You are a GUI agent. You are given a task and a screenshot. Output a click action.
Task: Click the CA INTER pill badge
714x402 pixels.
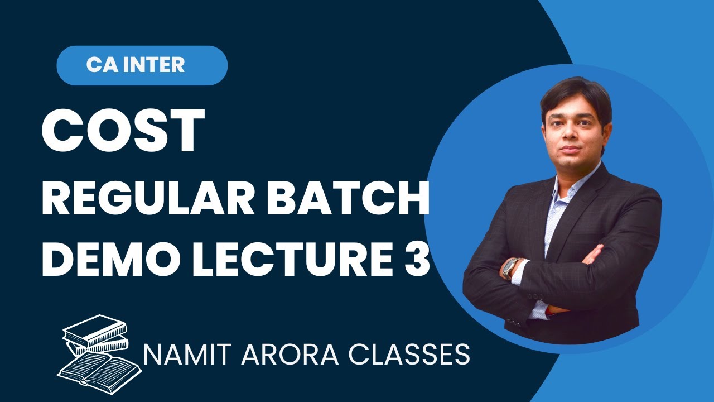coord(142,65)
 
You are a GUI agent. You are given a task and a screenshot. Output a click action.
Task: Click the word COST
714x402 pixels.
coord(123,132)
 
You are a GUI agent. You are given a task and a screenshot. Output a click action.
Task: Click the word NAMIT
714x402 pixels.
coord(184,355)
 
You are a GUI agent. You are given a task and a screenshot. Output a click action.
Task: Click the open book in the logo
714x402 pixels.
coord(98,365)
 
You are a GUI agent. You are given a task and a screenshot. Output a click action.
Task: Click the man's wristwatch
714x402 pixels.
coord(510,268)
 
